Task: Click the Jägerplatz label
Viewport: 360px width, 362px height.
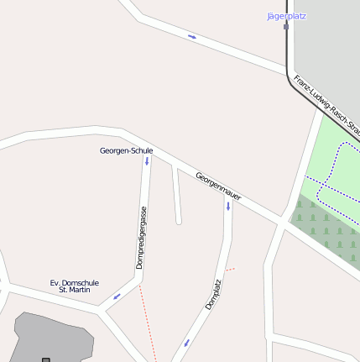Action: [x=285, y=16]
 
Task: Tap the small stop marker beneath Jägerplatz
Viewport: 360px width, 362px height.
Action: [x=286, y=26]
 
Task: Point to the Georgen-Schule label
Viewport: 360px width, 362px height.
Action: [x=126, y=151]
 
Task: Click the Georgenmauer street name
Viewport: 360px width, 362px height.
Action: [x=218, y=186]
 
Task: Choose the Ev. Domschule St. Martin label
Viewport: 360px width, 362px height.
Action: [x=75, y=286]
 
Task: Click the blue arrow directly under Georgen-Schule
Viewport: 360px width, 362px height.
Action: [x=147, y=160]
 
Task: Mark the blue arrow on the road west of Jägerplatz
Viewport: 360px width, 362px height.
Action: [x=192, y=37]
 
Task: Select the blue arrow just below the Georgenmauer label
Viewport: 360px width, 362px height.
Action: [x=227, y=205]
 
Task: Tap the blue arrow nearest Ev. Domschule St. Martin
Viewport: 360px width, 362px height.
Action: [x=117, y=296]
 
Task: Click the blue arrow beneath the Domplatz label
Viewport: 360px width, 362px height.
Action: [x=186, y=341]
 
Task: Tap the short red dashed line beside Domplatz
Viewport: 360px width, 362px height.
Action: [x=231, y=270]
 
